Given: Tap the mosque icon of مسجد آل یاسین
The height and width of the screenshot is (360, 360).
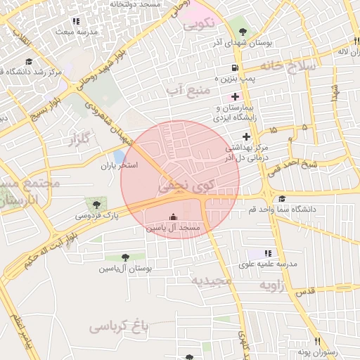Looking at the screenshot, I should (x=174, y=217).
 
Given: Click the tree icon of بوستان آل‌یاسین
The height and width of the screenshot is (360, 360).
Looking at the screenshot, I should (x=125, y=258).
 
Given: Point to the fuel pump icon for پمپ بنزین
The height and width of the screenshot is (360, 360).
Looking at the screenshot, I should (x=234, y=69).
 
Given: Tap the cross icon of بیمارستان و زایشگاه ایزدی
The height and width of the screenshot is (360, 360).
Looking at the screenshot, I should (x=235, y=96).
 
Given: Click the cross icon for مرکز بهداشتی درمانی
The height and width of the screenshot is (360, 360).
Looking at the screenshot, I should (x=246, y=136).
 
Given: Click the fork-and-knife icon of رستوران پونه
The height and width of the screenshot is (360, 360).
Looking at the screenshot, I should (x=318, y=341).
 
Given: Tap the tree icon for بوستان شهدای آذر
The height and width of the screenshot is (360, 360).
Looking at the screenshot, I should (x=243, y=32).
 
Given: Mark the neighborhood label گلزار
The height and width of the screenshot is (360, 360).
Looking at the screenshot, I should (x=81, y=139).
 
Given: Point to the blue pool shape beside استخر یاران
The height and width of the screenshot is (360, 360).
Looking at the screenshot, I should (x=120, y=156).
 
